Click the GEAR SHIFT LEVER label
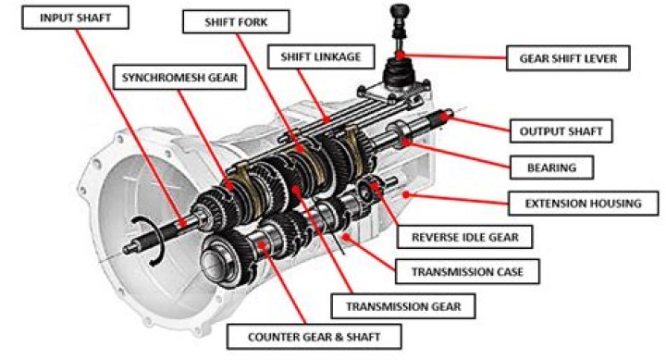click(x=568, y=58)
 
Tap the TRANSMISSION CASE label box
click(x=466, y=271)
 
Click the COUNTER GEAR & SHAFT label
click(x=314, y=337)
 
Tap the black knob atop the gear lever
click(x=401, y=12)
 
